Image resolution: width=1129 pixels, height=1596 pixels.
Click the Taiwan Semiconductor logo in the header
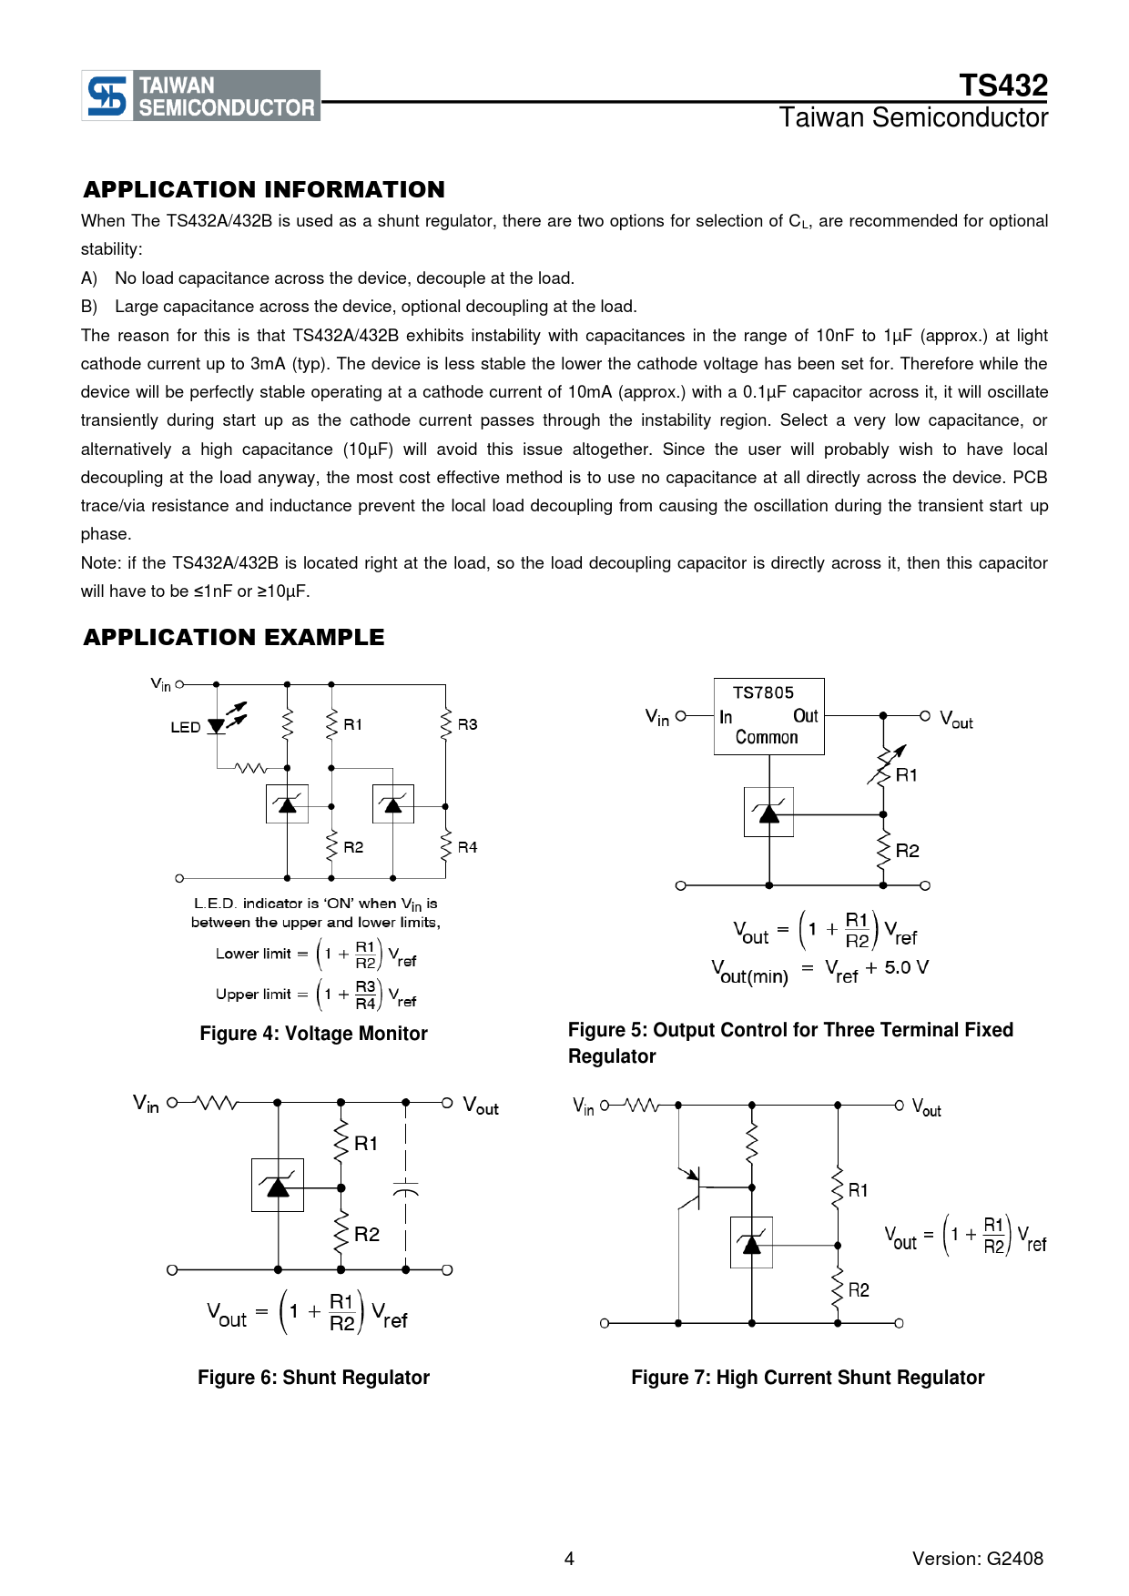201,96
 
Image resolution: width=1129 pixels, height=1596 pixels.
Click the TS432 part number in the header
1002,86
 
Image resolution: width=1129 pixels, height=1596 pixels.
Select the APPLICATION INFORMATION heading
264,189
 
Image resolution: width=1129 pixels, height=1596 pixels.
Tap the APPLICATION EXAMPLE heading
234,637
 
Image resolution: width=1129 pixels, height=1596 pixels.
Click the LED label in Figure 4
185,727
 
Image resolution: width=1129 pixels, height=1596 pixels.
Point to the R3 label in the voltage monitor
467,724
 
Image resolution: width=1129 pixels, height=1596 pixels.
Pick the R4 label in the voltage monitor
467,847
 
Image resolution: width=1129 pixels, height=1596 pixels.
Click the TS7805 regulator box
768,716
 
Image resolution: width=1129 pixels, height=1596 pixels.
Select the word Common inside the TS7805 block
767,738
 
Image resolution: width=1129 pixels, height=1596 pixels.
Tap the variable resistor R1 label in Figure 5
907,775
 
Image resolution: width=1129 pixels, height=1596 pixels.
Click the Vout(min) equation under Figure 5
819,971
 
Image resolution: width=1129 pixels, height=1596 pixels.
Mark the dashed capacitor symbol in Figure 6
406,1187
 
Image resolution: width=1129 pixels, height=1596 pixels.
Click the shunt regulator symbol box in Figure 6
278,1185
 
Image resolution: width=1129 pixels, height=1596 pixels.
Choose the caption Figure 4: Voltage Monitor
313,1034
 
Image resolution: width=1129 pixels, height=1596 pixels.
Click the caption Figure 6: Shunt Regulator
313,1378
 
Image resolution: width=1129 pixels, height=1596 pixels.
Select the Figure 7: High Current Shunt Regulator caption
808,1378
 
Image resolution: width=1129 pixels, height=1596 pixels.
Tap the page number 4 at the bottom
569,1559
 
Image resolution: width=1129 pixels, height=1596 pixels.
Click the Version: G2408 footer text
977,1559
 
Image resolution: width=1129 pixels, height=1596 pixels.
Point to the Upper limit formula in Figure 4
316,995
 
